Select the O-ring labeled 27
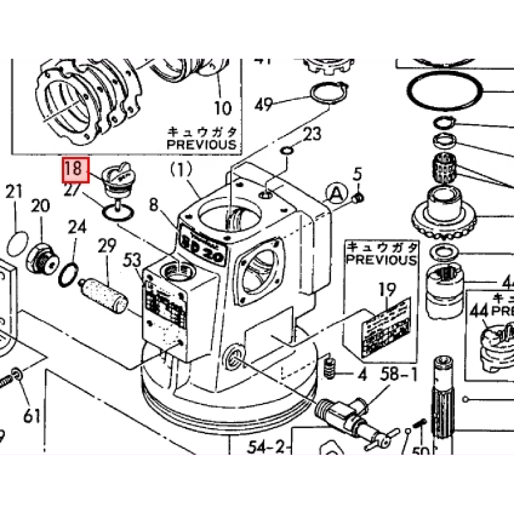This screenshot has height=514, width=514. pyautogui.click(x=118, y=213)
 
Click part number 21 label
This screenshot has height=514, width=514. pyautogui.click(x=14, y=192)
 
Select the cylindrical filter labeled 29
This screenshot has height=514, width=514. pyautogui.click(x=106, y=296)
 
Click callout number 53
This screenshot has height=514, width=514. pyautogui.click(x=132, y=261)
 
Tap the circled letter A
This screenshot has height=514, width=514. pyautogui.click(x=336, y=192)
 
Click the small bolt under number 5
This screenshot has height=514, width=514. pyautogui.click(x=358, y=199)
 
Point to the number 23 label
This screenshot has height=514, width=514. pyautogui.click(x=312, y=134)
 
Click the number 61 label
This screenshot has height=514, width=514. pyautogui.click(x=31, y=416)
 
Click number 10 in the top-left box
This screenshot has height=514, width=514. pyautogui.click(x=223, y=108)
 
